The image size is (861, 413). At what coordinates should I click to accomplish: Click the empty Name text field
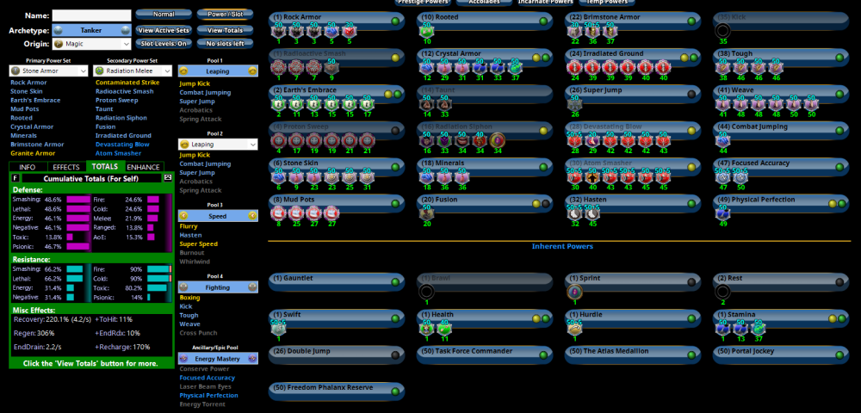point(90,15)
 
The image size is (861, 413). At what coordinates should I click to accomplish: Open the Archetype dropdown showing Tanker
point(90,30)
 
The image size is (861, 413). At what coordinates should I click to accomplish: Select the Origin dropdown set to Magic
point(90,43)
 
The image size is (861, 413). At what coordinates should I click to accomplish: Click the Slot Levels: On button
point(163,43)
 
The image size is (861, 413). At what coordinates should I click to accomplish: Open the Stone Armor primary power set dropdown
point(48,71)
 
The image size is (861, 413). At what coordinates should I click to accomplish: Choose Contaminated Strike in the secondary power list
point(127,83)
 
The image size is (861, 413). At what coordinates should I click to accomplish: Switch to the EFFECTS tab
point(65,166)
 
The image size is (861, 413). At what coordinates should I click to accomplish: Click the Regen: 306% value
point(46,333)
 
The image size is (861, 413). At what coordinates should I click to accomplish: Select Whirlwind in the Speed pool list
point(194,262)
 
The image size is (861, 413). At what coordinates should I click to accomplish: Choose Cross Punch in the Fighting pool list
point(197,333)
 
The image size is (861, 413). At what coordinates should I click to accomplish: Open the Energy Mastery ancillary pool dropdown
point(217,357)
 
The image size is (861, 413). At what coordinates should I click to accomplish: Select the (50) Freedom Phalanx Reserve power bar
point(335,388)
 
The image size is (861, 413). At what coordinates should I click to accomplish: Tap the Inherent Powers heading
point(561,246)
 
